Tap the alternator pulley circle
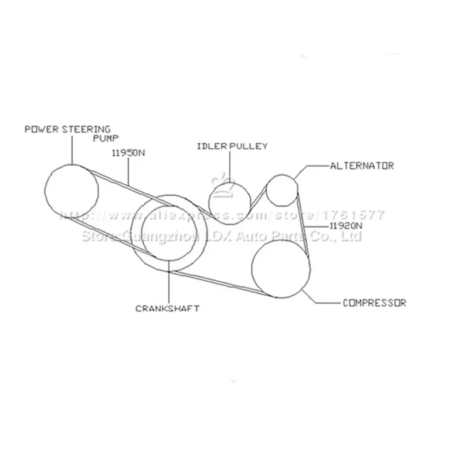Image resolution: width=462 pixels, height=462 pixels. [x=282, y=189]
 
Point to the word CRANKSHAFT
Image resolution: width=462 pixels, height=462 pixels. [x=167, y=308]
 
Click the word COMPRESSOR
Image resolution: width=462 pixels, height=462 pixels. [x=374, y=303]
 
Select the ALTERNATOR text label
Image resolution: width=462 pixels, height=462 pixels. [x=362, y=166]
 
